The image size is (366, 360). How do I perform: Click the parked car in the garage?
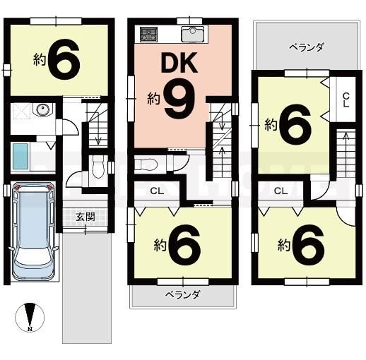[x=33, y=232]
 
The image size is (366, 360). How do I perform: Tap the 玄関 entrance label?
[x=85, y=217]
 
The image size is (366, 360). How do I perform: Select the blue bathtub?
[x=20, y=157]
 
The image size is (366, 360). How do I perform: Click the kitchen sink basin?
[x=193, y=35]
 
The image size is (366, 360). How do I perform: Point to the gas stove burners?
[x=148, y=35]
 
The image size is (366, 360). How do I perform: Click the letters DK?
[x=179, y=63]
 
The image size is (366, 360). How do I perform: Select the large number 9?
[x=179, y=98]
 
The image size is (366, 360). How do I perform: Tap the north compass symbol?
[x=30, y=317]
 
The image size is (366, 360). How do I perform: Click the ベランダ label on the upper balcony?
[x=307, y=47]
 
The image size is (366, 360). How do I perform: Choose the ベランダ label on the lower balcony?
[x=183, y=294]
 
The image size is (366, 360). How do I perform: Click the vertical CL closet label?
[x=346, y=100]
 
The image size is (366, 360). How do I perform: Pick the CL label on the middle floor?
[x=157, y=191]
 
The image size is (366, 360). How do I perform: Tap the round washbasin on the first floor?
[x=43, y=109]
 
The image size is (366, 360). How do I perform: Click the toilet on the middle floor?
[x=146, y=164]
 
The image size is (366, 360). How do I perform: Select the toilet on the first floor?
[x=98, y=167]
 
